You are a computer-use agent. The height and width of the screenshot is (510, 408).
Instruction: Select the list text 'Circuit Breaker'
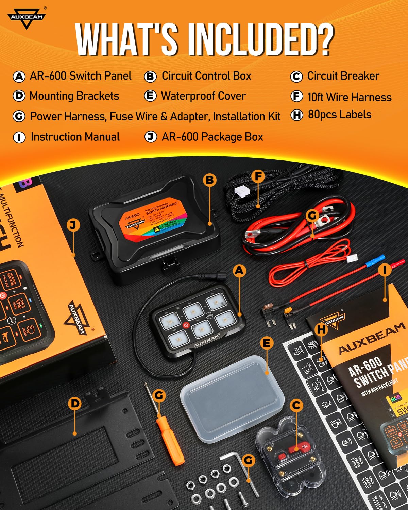click(343, 76)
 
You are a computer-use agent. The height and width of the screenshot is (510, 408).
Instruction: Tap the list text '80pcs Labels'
click(339, 115)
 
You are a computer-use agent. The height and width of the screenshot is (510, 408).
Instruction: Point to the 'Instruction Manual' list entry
click(75, 137)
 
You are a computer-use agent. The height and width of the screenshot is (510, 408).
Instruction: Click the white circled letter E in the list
click(150, 96)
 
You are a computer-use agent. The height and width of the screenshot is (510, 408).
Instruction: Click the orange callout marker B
click(210, 180)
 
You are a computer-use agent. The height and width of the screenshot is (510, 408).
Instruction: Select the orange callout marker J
click(73, 225)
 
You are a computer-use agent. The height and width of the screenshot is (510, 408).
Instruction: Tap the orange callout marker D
click(74, 404)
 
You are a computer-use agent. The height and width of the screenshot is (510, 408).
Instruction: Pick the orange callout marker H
click(321, 329)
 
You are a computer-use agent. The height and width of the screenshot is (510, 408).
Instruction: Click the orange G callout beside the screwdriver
click(159, 395)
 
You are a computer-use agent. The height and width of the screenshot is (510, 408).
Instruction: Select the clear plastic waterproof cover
click(232, 398)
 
